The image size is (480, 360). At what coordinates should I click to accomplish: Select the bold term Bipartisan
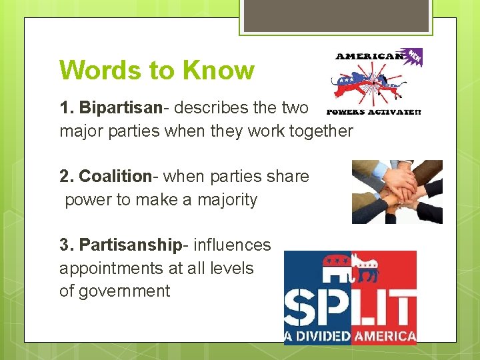point(121,108)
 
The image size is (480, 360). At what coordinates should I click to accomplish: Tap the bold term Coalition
point(115,177)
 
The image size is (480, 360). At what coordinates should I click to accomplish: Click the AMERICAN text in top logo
point(369,57)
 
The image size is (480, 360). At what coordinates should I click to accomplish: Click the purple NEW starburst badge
point(415,56)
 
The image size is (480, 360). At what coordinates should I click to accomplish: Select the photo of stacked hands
point(397,192)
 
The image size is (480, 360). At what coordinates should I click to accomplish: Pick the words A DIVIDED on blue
point(317,336)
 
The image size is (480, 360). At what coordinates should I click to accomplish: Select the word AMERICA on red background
point(383,336)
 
